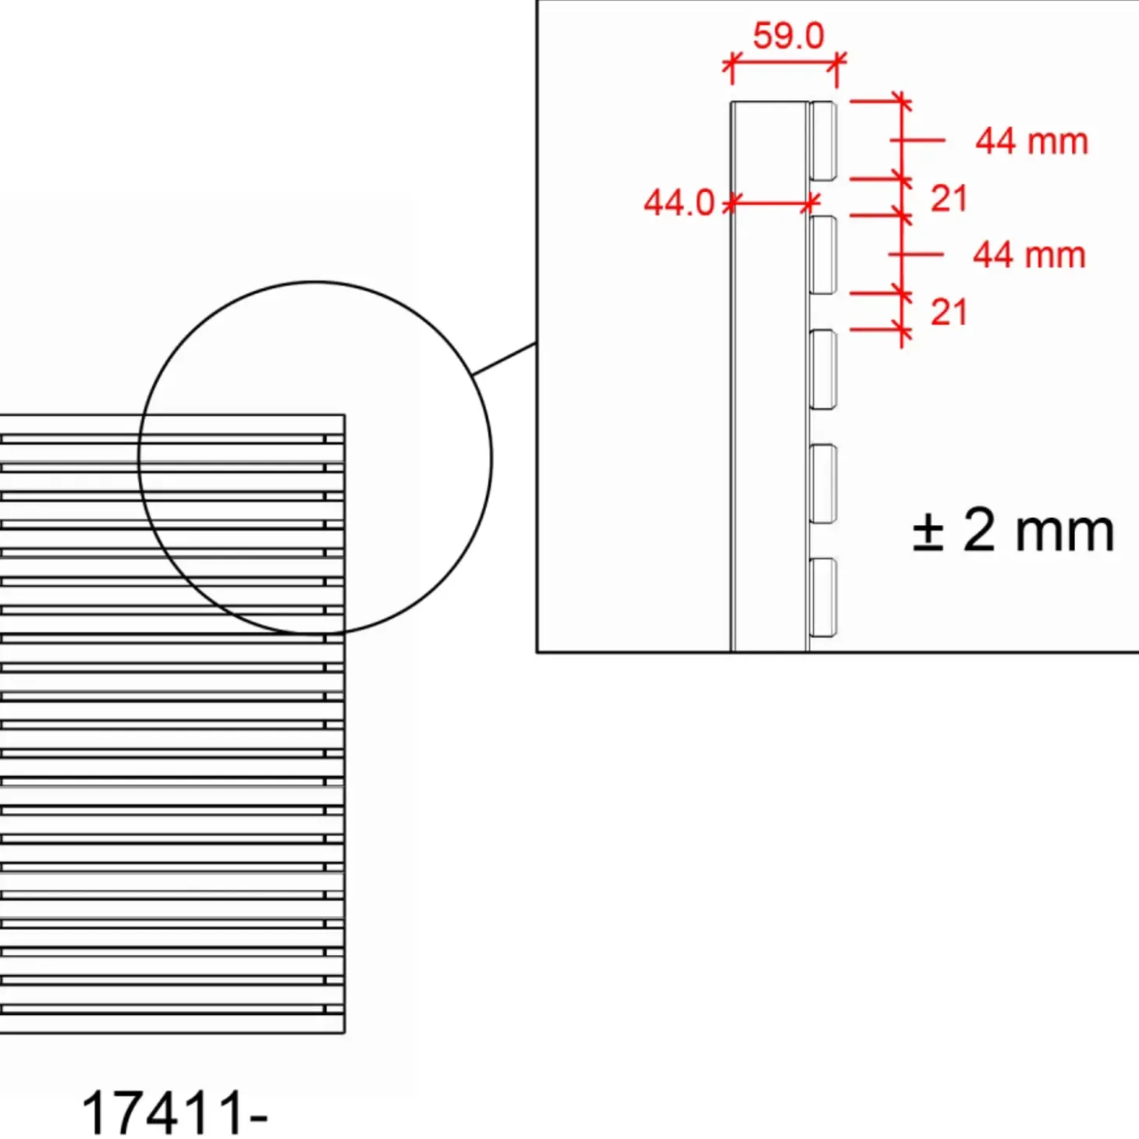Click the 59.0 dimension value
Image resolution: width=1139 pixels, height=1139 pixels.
tap(788, 35)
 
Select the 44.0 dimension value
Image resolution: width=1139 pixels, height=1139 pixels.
tap(679, 203)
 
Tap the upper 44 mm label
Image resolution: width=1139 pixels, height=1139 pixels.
tap(1031, 142)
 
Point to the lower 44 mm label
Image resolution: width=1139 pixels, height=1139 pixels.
tap(1029, 255)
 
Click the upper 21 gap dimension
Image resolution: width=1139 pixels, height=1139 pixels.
tap(949, 198)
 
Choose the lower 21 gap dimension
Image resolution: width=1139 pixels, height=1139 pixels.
tap(949, 312)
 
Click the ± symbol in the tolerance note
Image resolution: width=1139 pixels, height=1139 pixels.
tap(928, 531)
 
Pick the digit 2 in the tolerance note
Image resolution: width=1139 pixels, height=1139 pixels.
tap(978, 530)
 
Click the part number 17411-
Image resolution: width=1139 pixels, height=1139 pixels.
tap(175, 1112)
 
